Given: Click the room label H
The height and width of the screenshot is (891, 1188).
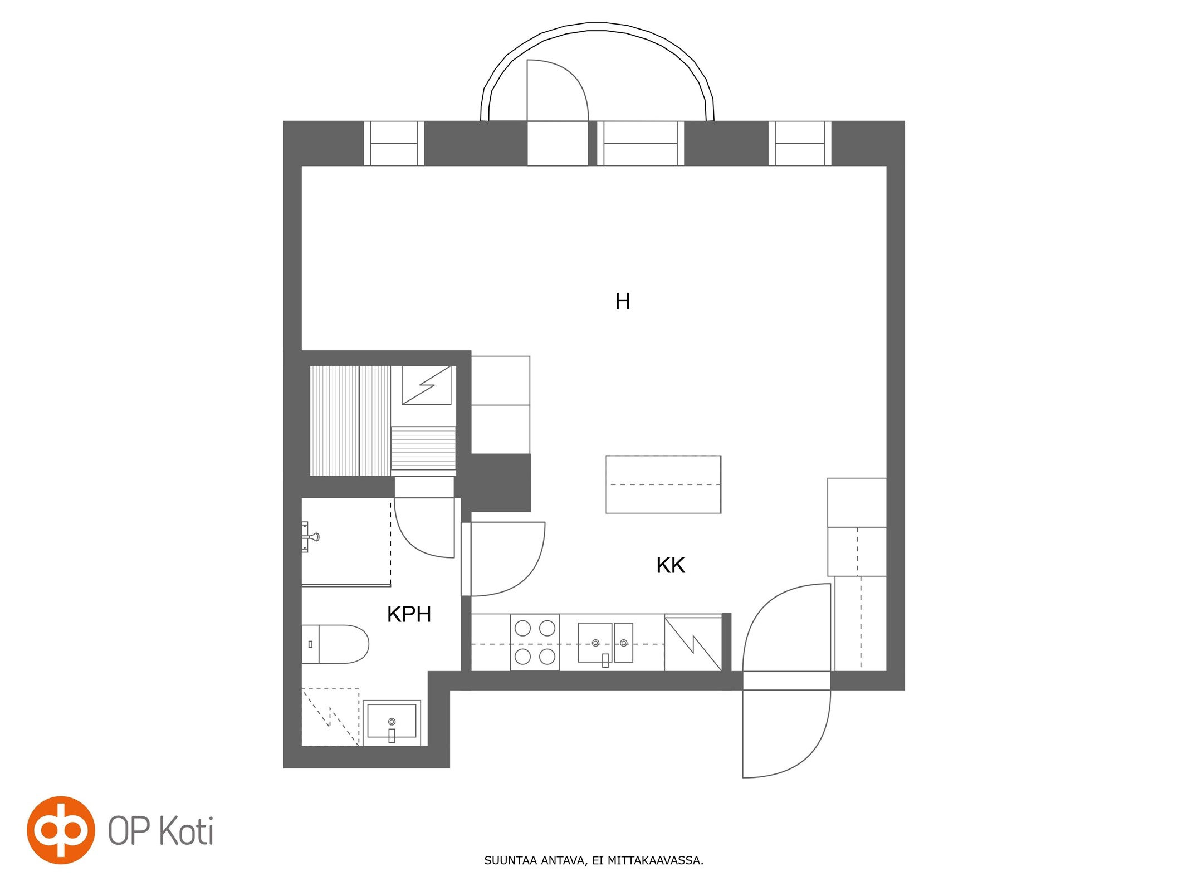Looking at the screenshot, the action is (622, 301).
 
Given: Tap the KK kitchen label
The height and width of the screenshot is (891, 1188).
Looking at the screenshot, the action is (670, 565).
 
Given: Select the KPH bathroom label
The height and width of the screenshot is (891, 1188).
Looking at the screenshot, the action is (409, 614).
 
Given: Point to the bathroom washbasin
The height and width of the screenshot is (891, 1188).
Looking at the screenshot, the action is (392, 723).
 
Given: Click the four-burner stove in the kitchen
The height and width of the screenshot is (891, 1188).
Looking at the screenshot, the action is (535, 643).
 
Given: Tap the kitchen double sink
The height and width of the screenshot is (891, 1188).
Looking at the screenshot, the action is (605, 643).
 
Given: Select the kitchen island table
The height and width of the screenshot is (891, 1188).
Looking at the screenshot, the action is (663, 484).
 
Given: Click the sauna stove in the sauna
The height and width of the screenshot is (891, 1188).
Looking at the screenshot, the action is (427, 385).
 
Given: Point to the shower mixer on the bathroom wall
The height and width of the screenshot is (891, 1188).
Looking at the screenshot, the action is (310, 537).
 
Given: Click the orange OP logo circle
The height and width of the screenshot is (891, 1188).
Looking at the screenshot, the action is (61, 830).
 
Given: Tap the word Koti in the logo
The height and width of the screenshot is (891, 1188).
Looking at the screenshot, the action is (187, 831).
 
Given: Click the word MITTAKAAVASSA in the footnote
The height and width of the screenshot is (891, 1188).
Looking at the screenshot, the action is (655, 860).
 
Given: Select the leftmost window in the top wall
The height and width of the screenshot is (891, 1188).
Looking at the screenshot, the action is (394, 143).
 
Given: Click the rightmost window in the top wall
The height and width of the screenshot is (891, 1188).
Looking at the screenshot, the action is (800, 143).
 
